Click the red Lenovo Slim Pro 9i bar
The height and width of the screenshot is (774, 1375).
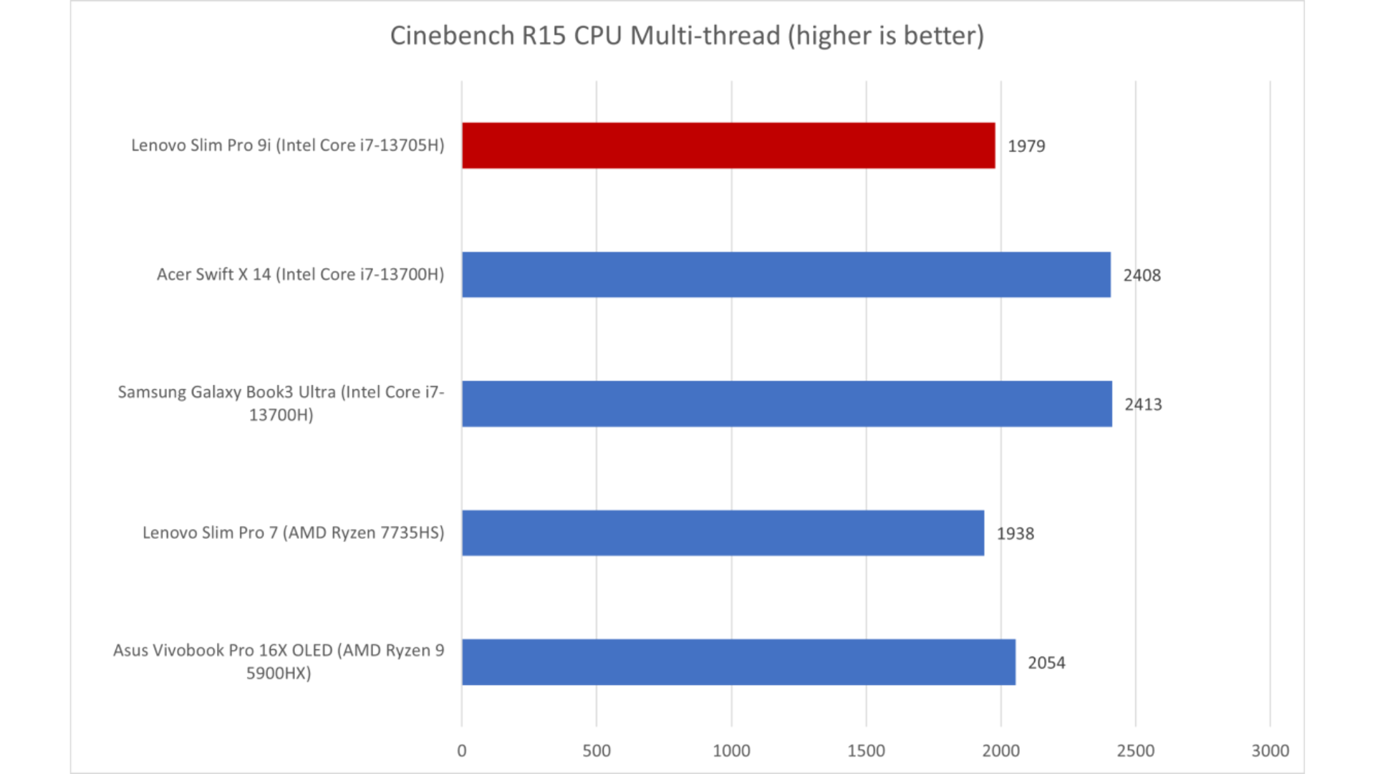point(728,145)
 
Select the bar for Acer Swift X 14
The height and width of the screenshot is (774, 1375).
point(786,274)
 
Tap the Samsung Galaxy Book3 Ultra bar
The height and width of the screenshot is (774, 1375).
point(786,403)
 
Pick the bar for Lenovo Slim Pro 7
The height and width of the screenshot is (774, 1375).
point(723,532)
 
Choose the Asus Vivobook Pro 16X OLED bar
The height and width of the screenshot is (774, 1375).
point(738,662)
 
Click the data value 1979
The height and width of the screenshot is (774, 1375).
point(1026,146)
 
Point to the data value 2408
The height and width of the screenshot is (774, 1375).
point(1142,275)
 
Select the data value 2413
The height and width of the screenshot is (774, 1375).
point(1143,404)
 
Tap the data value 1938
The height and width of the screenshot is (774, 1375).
point(1015,534)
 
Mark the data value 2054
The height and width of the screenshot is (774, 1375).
point(1046,663)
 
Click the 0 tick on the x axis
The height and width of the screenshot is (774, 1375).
point(462,750)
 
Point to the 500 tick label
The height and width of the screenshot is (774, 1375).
point(597,750)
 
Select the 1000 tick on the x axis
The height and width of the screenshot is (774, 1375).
point(731,750)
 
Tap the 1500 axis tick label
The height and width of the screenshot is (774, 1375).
point(866,750)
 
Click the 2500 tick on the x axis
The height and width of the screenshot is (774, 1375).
point(1136,750)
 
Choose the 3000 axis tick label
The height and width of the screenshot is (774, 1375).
point(1270,750)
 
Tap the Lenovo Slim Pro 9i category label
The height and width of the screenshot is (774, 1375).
point(287,145)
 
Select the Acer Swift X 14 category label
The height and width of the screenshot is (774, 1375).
point(300,274)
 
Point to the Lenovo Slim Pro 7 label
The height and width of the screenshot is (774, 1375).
point(293,532)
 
